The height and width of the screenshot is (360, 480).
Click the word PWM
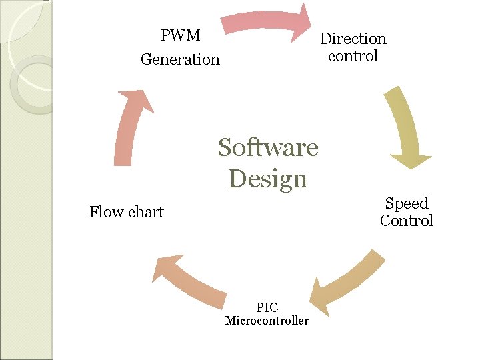(x=180, y=35)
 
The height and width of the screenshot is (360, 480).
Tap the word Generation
(x=180, y=59)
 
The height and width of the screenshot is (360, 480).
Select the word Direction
(x=353, y=39)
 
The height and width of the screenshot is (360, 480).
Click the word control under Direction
(x=353, y=56)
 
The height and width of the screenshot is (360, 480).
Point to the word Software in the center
(x=268, y=147)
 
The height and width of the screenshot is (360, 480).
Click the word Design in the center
(x=267, y=179)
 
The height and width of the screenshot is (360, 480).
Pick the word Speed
(x=407, y=203)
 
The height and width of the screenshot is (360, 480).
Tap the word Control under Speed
(x=407, y=221)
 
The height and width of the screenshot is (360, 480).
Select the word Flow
(x=107, y=212)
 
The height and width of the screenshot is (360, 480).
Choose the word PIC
(x=267, y=307)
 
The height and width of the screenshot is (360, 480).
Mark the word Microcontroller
(x=267, y=321)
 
